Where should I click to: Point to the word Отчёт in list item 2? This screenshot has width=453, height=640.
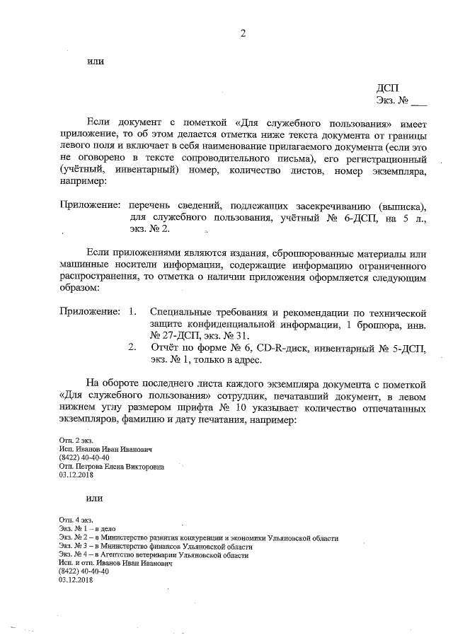click(x=167, y=347)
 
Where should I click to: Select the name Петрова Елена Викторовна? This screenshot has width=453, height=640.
click(x=119, y=467)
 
